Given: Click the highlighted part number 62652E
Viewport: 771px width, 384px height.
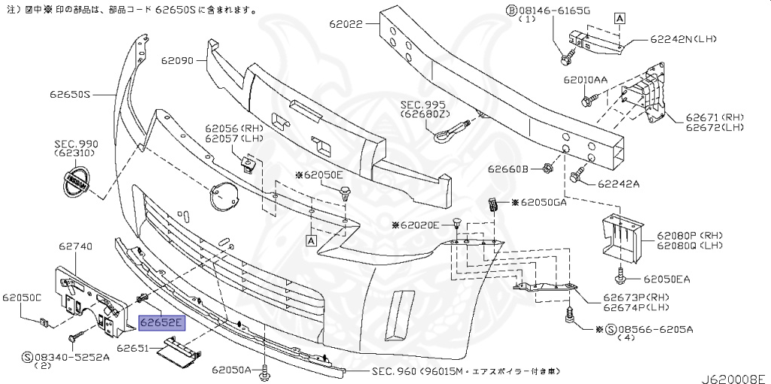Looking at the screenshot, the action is coord(162,323).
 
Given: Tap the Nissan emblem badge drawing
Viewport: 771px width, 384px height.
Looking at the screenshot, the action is coord(77,183).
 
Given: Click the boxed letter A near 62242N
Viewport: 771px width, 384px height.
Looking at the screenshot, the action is coord(620,18).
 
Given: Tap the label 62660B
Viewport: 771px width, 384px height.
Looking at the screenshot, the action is coord(508,169).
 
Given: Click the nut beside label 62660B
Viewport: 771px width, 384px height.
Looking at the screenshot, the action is coord(546,169).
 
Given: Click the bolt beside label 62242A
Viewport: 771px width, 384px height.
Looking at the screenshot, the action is coord(577,175).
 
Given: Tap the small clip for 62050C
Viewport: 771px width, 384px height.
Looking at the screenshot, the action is coord(44,323).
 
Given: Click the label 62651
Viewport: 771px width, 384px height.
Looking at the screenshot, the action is coord(133,349).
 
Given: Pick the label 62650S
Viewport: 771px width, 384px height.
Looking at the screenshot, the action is coord(69,94).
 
